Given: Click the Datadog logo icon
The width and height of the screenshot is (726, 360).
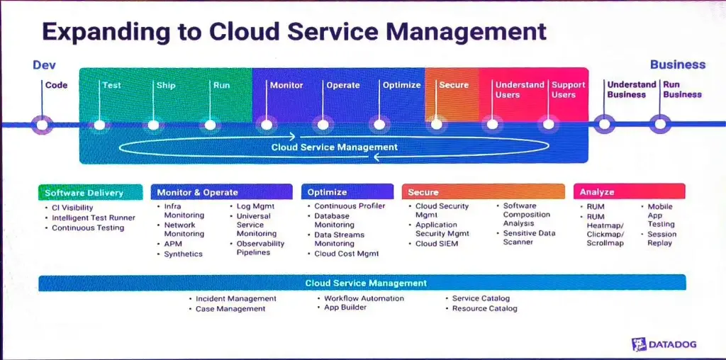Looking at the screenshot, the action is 639,344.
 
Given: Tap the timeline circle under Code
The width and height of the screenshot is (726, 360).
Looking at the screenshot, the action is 42,125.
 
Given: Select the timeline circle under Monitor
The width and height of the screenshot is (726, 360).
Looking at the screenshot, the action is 267,125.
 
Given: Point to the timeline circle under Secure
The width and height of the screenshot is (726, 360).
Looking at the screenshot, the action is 436,125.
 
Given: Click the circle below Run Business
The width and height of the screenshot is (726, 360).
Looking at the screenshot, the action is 660,124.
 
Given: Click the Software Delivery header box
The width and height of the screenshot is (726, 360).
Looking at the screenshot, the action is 90,193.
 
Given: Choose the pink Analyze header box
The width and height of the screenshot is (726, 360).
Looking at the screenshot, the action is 630,191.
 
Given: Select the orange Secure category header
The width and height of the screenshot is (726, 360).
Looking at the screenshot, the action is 484,191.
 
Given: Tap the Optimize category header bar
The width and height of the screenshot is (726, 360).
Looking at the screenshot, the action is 347,192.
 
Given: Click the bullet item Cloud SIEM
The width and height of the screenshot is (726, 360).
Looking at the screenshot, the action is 437,243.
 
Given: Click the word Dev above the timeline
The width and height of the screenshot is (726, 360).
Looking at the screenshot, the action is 45,65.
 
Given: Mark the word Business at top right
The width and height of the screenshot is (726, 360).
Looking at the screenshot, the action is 678,64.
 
